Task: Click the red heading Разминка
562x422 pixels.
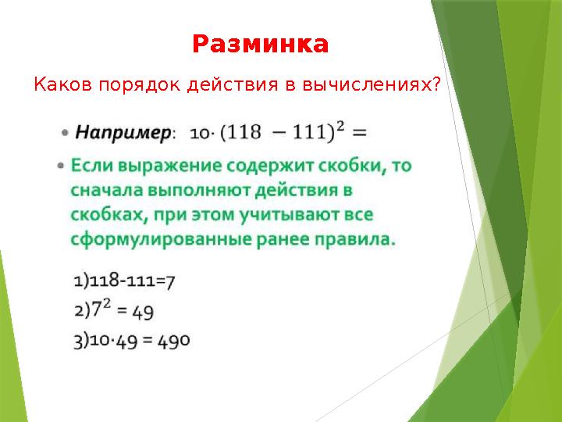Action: (x=260, y=44)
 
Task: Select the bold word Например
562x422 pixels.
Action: (x=123, y=133)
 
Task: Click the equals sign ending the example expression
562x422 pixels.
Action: (x=359, y=133)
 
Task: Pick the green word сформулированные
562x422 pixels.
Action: (x=162, y=240)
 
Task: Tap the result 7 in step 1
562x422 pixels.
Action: (x=170, y=282)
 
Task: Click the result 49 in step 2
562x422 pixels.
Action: (x=143, y=312)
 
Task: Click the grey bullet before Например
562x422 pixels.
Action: (x=65, y=133)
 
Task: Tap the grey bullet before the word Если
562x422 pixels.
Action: (x=61, y=166)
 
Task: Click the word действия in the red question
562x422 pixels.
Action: (x=233, y=85)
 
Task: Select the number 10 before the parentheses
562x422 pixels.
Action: (x=199, y=134)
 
